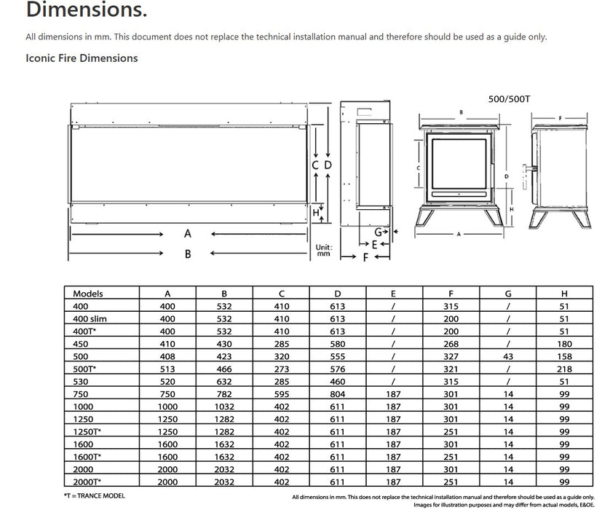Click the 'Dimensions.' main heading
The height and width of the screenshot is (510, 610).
(76, 11)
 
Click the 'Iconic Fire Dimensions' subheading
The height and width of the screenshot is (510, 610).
(82, 58)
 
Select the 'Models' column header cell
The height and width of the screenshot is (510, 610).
(88, 294)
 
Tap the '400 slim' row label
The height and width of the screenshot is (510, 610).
(91, 318)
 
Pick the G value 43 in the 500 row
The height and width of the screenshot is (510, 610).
(508, 356)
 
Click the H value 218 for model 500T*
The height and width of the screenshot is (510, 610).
(564, 369)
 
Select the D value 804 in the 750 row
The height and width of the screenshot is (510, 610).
(337, 393)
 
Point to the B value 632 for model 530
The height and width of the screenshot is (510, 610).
(224, 381)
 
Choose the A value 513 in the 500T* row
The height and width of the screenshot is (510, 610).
(167, 369)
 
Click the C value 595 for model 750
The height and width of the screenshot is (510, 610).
(281, 393)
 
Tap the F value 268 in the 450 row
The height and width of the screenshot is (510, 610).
(451, 344)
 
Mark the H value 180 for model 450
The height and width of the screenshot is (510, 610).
(564, 344)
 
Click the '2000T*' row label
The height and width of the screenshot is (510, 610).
(88, 482)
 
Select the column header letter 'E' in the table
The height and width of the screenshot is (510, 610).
(394, 294)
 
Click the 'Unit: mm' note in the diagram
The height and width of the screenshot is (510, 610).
(324, 251)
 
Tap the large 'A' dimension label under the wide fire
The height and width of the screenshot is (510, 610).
(188, 234)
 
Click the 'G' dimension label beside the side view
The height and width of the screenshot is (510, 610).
(379, 232)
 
